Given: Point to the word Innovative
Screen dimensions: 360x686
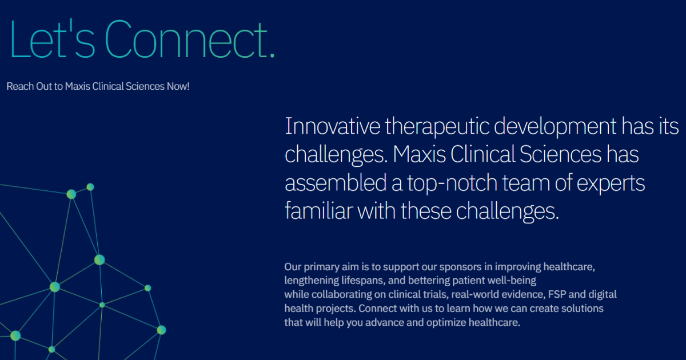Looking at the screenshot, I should pos(331,126).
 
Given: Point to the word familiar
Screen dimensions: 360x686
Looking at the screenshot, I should pos(318,211).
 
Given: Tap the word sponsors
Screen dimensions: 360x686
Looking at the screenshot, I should pos(450,267).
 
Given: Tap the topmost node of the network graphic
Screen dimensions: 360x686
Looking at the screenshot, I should pos(90,187).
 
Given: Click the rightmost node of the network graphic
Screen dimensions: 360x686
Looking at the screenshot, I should pos(161,330).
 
